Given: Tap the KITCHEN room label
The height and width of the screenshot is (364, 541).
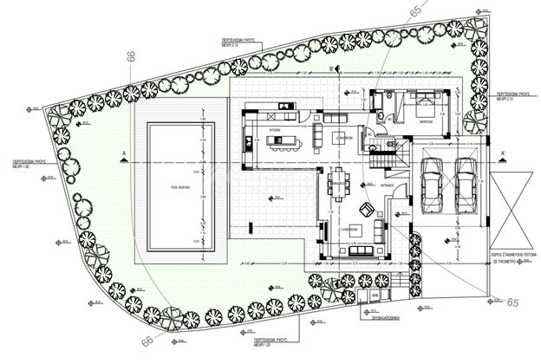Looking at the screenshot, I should coord(276,129).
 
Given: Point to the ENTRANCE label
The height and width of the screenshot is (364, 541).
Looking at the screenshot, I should coord(387,185).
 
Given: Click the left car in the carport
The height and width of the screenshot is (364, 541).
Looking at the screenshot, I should coord(431,185).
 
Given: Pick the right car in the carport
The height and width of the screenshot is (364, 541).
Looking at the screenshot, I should coord(465,185).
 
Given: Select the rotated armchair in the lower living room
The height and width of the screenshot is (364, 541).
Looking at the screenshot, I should coord(368,208).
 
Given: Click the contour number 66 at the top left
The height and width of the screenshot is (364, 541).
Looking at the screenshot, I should coord(132,56).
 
